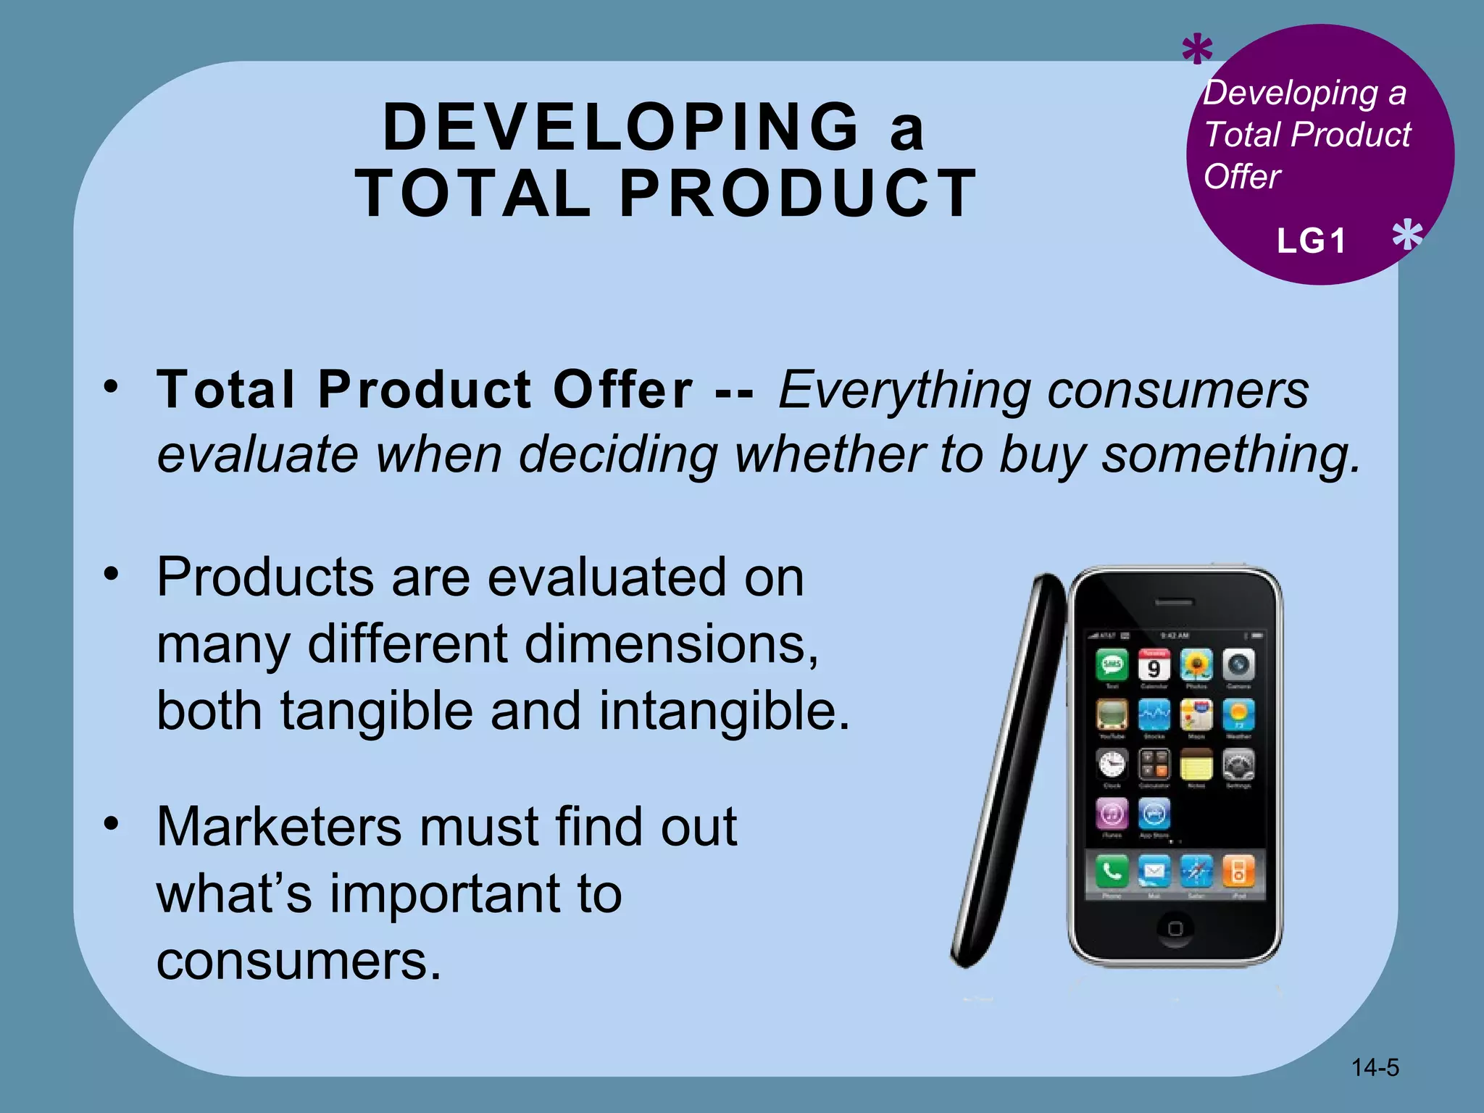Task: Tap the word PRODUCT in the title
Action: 798,193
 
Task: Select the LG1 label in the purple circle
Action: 1311,241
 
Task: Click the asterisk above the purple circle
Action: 1197,51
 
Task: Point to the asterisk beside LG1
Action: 1407,235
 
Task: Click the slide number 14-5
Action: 1375,1067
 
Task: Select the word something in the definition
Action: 1230,454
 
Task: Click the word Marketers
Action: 280,826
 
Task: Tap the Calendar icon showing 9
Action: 1154,665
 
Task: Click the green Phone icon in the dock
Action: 1112,871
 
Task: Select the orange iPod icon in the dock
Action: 1238,871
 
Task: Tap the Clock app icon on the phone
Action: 1112,764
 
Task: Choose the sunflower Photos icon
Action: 1196,664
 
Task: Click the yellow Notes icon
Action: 1196,764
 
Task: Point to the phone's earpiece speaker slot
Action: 1174,602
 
